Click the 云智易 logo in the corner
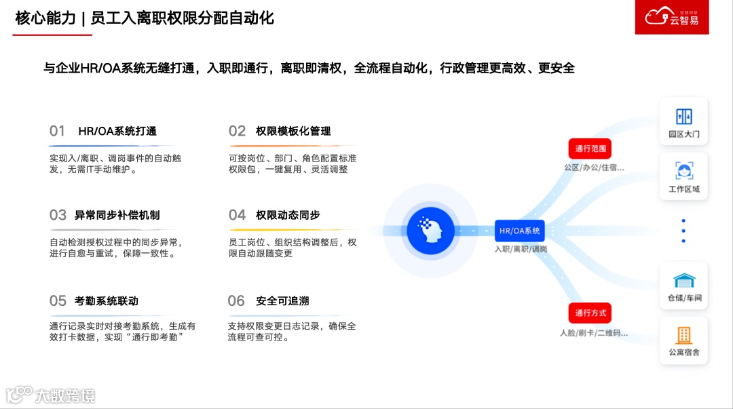671,17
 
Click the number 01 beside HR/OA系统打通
57,131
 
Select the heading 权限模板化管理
293,131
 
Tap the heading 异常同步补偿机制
117,215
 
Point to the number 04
237,215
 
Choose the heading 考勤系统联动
107,300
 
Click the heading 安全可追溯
282,300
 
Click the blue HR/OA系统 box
520,231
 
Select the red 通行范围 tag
590,149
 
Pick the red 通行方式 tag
590,313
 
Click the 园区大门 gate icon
683,116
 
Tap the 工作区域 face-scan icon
683,170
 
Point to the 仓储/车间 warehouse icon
683,280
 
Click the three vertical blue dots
683,231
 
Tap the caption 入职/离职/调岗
521,249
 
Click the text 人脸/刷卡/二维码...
594,333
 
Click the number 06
236,300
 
